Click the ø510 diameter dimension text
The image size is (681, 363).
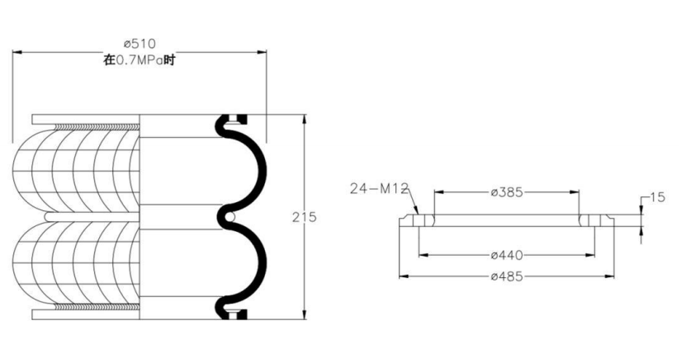point(140,44)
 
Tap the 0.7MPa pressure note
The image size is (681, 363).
point(139,60)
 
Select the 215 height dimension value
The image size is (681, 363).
point(304,217)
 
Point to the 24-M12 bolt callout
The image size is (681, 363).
point(379,188)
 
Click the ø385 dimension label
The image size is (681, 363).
point(507,192)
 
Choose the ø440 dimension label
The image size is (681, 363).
point(507,255)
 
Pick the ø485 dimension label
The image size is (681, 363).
point(507,276)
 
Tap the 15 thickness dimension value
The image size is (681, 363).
point(658,197)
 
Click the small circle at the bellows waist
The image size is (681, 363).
point(231,216)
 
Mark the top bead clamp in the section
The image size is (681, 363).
point(234,119)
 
